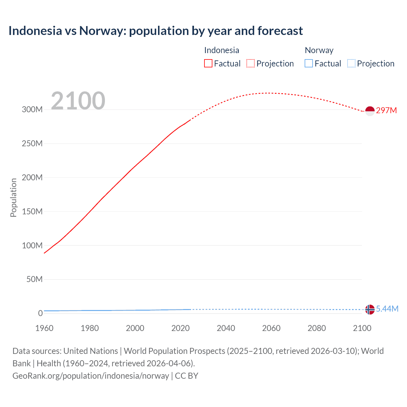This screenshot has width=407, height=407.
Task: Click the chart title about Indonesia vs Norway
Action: coord(155,31)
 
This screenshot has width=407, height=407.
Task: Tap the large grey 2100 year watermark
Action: coord(78,101)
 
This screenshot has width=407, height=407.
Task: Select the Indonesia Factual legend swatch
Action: coord(208,64)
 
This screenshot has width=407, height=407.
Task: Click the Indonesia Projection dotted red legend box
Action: coord(251,64)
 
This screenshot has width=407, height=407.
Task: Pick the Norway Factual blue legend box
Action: coord(309,64)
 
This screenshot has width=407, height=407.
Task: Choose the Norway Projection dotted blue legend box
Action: coord(351,64)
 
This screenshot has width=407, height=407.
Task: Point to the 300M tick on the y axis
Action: coord(32,110)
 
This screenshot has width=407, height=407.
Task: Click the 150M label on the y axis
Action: coord(32,211)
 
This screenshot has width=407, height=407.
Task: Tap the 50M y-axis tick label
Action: coord(34,279)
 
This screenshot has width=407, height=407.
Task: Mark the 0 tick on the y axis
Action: coord(40,313)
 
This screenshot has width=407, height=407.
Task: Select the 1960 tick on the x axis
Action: coord(44,328)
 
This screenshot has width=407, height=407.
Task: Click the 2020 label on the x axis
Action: coord(180,328)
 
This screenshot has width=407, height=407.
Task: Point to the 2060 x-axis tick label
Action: coord(271,328)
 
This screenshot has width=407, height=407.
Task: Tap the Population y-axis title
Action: coord(13,197)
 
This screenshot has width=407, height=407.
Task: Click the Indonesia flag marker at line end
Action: coord(370,111)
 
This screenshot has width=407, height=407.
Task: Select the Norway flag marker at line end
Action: coord(370,309)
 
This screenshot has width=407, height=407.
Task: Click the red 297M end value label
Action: coord(386,110)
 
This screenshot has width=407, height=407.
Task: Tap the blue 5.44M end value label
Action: coord(387,309)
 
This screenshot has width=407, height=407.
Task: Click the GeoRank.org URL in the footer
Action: coord(91,376)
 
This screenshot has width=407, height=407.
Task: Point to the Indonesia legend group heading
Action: coord(222,50)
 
